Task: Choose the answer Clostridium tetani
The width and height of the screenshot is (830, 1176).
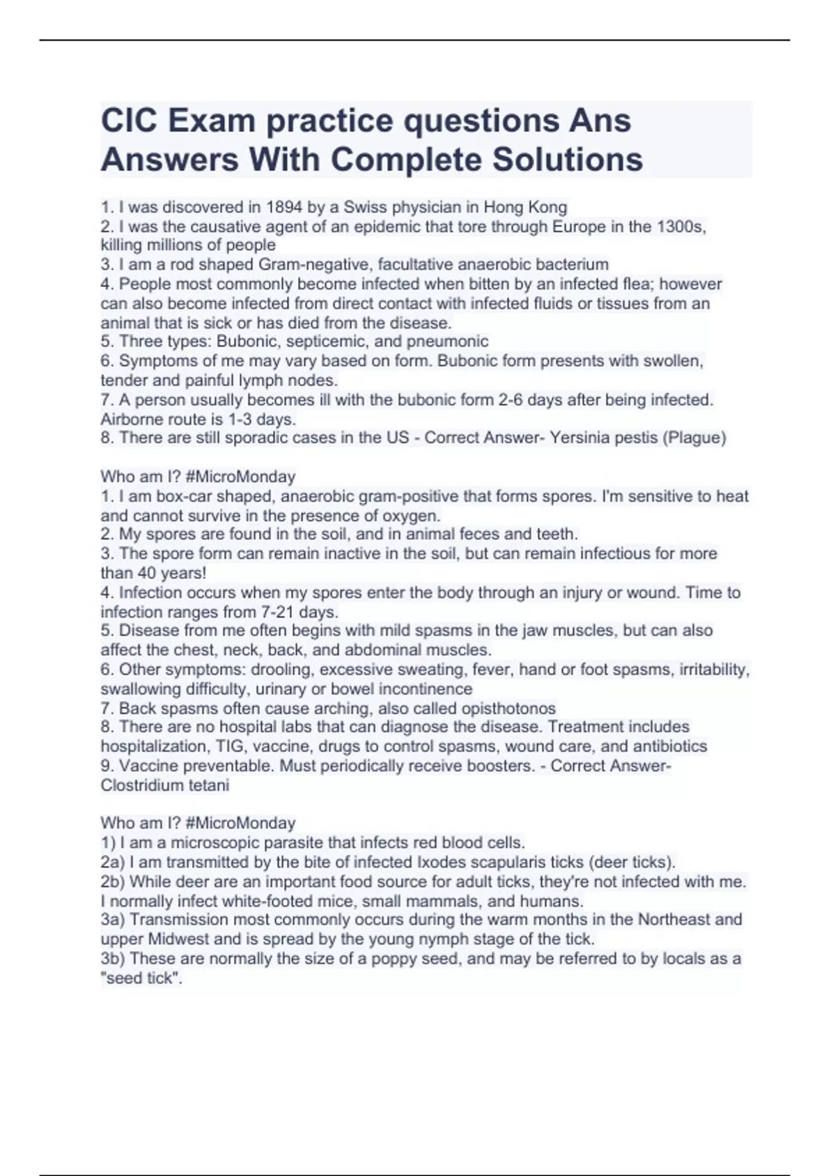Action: [165, 785]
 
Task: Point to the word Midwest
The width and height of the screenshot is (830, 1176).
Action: [176, 939]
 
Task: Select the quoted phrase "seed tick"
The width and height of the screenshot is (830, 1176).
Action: [141, 978]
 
